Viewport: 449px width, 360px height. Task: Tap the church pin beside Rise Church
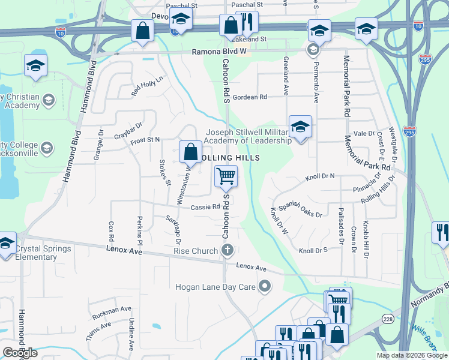pos(227,250)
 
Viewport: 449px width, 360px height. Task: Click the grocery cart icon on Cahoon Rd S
pos(226,176)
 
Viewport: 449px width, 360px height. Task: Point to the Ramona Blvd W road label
pos(219,52)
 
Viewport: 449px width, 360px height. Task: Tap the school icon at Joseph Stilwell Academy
pos(300,127)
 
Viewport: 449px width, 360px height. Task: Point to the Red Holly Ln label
pos(147,86)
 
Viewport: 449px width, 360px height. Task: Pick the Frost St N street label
pos(145,139)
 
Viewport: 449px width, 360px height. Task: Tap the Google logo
pos(20,353)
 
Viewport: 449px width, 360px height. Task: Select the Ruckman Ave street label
pos(112,312)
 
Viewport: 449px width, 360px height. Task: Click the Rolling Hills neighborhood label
pos(231,157)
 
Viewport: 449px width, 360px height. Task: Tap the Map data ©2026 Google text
pos(411,355)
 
